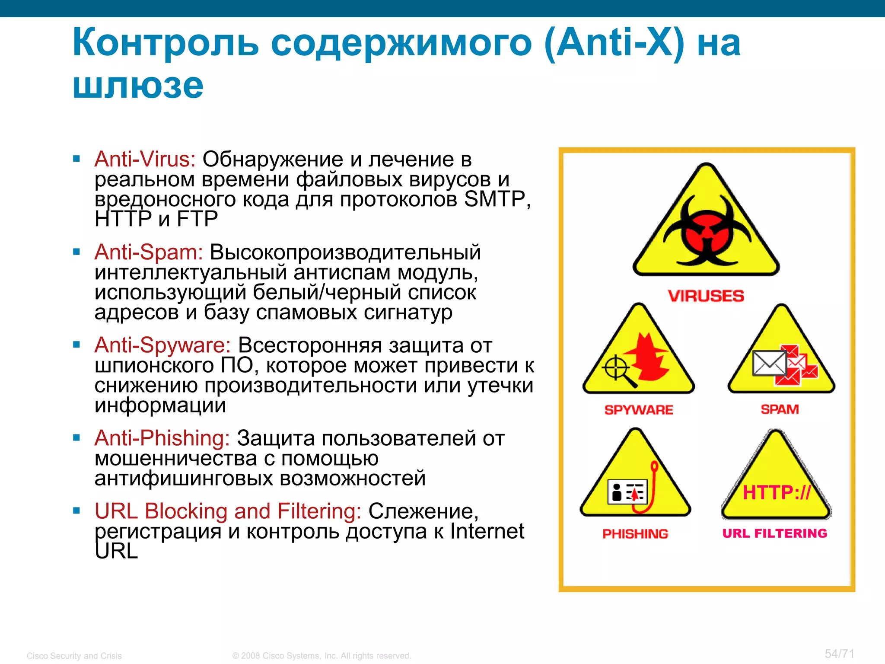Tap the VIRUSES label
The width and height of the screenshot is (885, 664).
[x=706, y=296]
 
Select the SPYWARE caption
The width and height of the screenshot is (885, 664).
[x=639, y=410]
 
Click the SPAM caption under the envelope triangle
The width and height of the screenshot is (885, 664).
[x=780, y=409]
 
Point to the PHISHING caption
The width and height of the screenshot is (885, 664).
[x=635, y=534]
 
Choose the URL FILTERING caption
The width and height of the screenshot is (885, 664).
[x=775, y=533]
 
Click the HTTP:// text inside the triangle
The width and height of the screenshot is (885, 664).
[x=777, y=493]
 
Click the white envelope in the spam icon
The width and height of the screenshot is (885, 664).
[x=769, y=363]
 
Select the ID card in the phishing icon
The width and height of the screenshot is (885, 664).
[x=627, y=492]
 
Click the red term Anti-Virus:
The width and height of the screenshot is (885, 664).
[x=145, y=159]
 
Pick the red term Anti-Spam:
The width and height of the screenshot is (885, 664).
[x=149, y=252]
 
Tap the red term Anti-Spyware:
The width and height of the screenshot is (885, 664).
[x=162, y=345]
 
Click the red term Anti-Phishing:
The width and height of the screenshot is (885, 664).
[x=162, y=438]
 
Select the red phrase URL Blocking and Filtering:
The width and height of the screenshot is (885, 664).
[x=228, y=511]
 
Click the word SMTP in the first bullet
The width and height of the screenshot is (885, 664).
[x=494, y=199]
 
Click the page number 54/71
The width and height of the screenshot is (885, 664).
[x=839, y=654]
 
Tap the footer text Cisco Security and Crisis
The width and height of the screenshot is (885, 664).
[x=74, y=656]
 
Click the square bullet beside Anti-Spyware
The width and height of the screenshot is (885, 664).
[x=77, y=345]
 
